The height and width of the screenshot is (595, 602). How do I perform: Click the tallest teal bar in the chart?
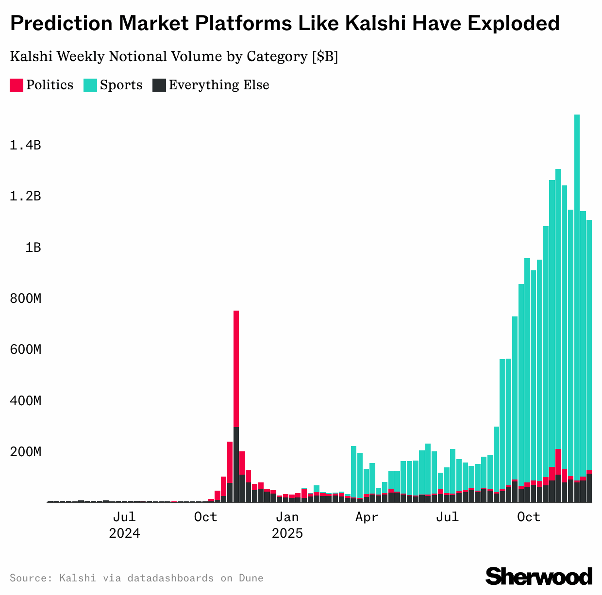(577, 291)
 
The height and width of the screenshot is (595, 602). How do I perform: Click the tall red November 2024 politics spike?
(236, 369)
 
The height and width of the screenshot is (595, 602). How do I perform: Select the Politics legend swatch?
(17, 85)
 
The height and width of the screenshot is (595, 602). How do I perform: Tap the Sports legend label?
(121, 85)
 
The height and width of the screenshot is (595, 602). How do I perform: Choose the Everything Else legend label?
(218, 85)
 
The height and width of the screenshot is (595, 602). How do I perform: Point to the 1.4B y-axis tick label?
(25, 145)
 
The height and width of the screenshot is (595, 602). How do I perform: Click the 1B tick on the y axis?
(33, 247)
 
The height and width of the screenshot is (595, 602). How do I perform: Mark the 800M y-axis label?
(25, 298)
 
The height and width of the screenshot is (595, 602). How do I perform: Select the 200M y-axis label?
(25, 452)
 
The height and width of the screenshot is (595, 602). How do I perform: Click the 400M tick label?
(25, 401)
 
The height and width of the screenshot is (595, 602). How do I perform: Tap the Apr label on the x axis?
(366, 517)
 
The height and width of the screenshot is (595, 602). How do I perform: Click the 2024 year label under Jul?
(124, 533)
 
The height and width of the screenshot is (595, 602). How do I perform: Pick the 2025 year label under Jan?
(287, 533)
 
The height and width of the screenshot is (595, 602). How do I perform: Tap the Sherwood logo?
(539, 576)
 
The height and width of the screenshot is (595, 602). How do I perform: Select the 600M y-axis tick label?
(25, 349)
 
